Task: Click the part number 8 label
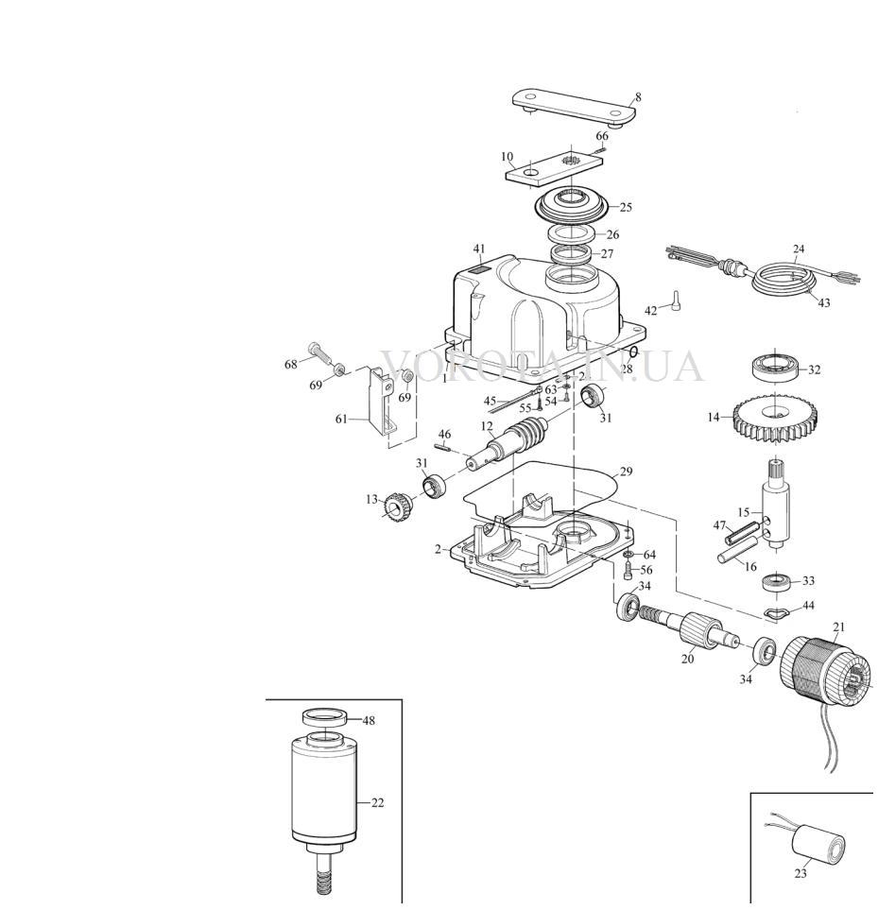[638, 97]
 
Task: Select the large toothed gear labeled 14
[775, 418]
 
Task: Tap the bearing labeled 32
[777, 367]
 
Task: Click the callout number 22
[377, 802]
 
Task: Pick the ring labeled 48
[325, 716]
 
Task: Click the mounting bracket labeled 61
[383, 401]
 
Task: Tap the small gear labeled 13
[397, 507]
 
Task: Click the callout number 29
[626, 472]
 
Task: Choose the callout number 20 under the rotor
[687, 659]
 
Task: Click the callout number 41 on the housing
[479, 249]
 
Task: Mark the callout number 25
[626, 207]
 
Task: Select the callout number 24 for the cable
[799, 249]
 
